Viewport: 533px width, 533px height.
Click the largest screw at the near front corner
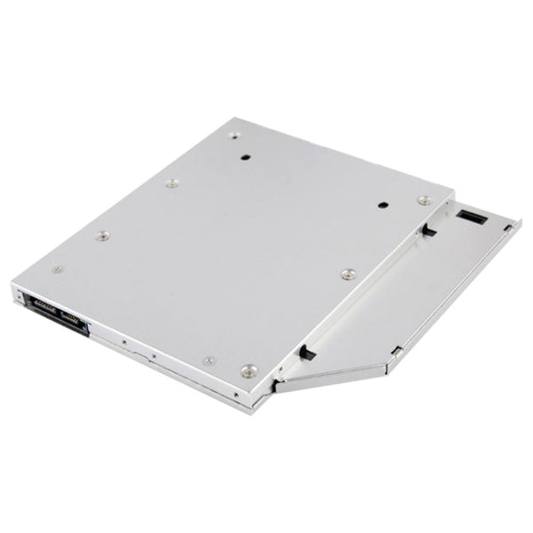click(249, 368)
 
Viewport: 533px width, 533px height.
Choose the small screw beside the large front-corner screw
click(210, 360)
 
